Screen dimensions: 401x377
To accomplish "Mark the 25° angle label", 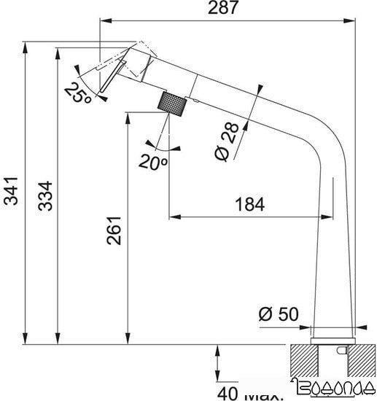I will pos(76,93).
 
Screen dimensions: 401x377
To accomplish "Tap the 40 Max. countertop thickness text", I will pos(252,394).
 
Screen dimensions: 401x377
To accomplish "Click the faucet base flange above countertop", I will pos(332,335).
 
